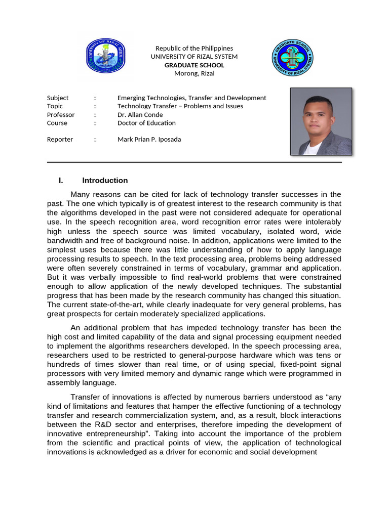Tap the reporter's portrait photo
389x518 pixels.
(x=321, y=121)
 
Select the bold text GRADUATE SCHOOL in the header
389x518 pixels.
(x=194, y=65)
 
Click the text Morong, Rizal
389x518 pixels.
(x=194, y=73)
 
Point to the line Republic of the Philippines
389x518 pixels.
(x=194, y=49)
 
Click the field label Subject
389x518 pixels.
(x=58, y=98)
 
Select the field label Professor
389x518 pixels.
(x=61, y=115)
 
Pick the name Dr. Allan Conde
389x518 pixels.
(x=140, y=115)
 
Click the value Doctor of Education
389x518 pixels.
(x=146, y=123)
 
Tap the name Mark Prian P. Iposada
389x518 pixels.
(x=149, y=140)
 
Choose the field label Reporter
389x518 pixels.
(x=60, y=140)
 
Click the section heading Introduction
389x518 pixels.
(x=105, y=181)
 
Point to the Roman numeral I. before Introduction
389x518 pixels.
(x=61, y=181)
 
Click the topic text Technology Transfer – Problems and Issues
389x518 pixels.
(x=180, y=106)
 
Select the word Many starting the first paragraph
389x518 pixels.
(x=81, y=195)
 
